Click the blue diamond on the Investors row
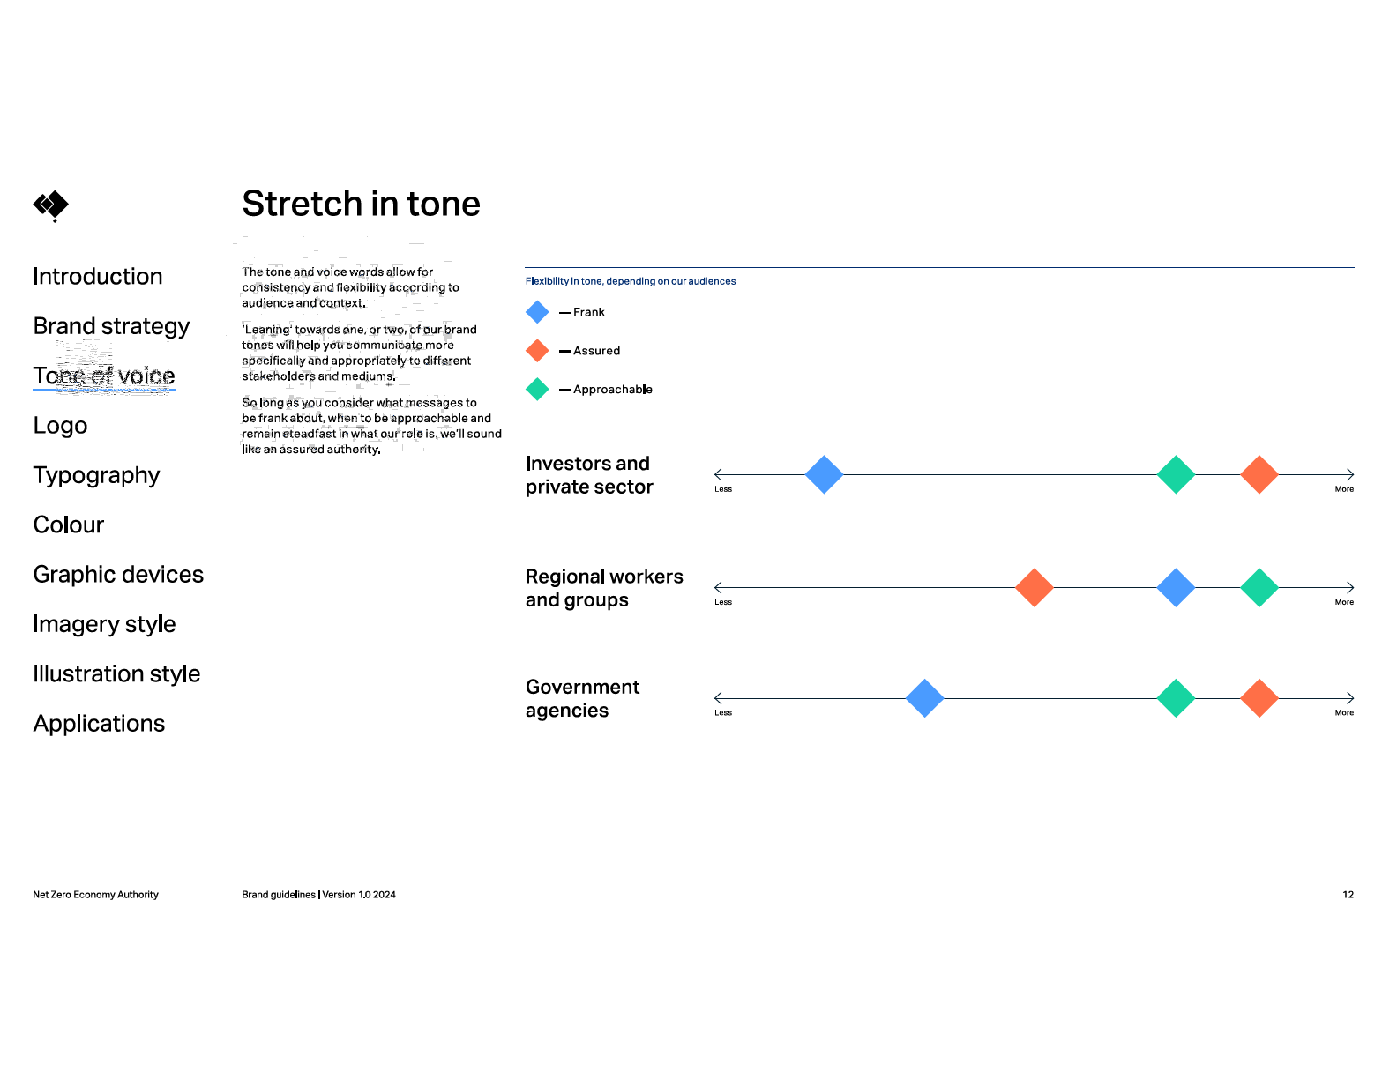pos(824,474)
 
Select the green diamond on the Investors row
pos(1176,474)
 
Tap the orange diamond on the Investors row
pos(1259,474)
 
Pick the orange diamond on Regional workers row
pos(1034,587)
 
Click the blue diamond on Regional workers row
pos(1176,587)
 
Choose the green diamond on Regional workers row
pos(1259,587)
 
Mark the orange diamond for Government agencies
pos(1259,697)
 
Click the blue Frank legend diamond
pos(537,312)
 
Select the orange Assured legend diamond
pos(537,350)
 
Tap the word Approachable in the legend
pos(612,389)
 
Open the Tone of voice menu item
pos(103,376)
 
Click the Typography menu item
pos(96,475)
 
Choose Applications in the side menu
pos(99,723)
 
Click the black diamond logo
pos(51,205)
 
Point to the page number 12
pos(1347,894)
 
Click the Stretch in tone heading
pos(361,204)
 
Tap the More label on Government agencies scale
pos(1343,712)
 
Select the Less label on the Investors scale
pos(722,489)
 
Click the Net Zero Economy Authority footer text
pos(95,894)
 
